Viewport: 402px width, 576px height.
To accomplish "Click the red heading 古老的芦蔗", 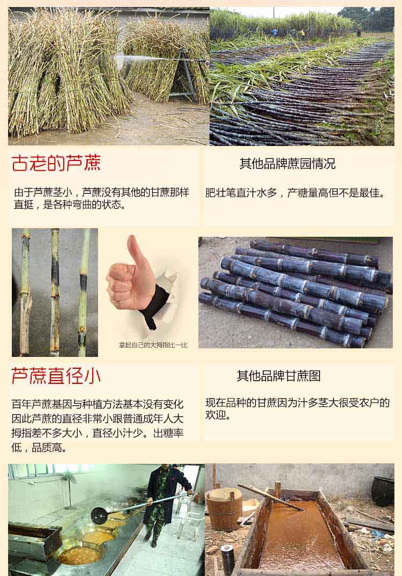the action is tap(56, 163).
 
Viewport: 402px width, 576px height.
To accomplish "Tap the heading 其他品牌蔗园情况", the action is tap(287, 164).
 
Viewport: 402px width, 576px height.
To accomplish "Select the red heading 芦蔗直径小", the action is tap(56, 376).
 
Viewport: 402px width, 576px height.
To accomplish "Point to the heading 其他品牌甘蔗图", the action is tap(278, 376).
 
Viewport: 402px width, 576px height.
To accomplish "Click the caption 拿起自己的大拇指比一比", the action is tap(153, 345).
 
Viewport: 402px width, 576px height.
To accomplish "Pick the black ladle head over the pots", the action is tap(99, 515).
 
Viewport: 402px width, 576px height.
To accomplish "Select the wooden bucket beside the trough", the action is tap(224, 508).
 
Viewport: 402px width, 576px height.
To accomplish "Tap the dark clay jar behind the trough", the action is tap(383, 491).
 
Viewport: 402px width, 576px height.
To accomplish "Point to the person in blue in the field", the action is tap(275, 33).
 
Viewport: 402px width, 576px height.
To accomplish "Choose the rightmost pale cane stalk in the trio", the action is tap(83, 292).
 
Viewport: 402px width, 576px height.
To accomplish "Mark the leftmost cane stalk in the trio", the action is tap(25, 292).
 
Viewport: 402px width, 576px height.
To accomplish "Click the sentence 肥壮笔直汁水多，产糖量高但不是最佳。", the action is tap(295, 193).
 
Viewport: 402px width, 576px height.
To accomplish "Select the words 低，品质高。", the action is tap(39, 447).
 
